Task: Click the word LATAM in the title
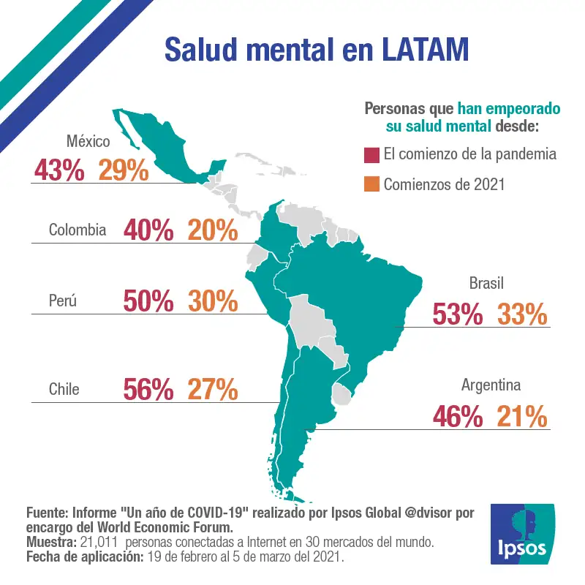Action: pos(426,50)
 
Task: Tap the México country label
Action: pos(88,141)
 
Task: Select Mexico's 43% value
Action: pos(59,170)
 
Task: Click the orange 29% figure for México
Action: pos(124,170)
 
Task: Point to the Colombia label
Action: pos(78,230)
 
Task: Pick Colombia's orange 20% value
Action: pos(213,230)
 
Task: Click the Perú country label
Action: pos(63,301)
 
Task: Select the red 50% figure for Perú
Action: pos(148,301)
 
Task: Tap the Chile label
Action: pos(64,389)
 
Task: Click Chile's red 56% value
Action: pos(148,389)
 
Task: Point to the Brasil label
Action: pos(486,283)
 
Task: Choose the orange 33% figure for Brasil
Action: pos(522,314)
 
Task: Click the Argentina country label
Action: pos(491,385)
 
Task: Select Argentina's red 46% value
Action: pos(458,416)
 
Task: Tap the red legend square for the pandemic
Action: pos(371,155)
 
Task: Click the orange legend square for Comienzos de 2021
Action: pos(371,184)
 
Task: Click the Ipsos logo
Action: pos(522,534)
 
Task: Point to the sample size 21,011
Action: pos(99,542)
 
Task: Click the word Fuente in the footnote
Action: pos(47,513)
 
